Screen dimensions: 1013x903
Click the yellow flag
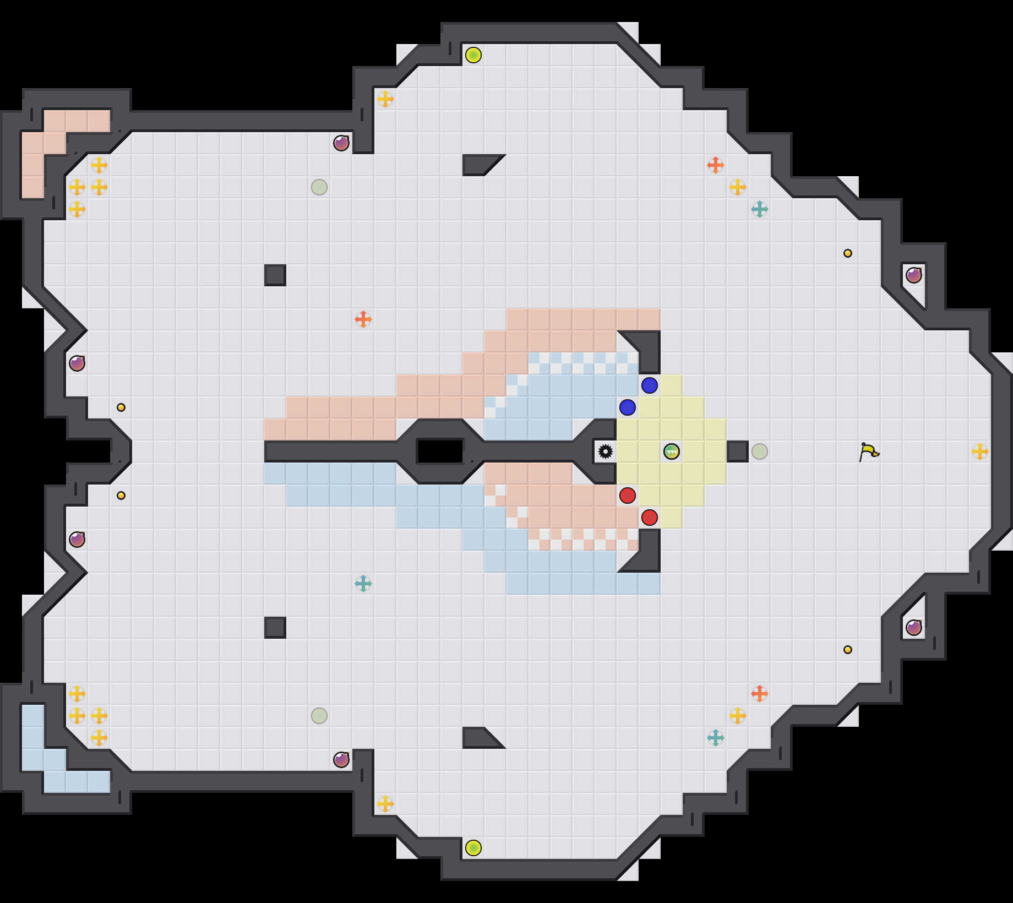pos(869,452)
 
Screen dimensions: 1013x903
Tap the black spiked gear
pos(606,452)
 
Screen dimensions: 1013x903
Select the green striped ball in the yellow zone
pos(672,452)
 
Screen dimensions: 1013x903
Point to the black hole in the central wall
pos(440,452)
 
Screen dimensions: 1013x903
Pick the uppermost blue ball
pos(650,385)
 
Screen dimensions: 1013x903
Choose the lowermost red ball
pos(650,518)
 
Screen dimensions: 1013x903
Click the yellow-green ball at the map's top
pos(473,55)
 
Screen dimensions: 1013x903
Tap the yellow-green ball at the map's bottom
pos(473,848)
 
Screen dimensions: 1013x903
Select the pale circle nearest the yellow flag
pos(760,452)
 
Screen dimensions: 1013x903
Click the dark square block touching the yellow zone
pos(738,452)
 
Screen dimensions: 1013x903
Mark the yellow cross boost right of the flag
pos(980,452)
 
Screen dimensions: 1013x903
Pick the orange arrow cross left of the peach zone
pos(363,319)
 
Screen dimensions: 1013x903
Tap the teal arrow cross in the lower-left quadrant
pos(363,584)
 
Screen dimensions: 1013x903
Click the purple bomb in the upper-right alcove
pos(914,275)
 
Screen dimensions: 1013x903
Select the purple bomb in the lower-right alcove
pos(914,628)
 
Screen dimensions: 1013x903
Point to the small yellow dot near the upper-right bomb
pos(848,253)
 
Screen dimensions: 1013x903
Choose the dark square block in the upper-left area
pos(275,275)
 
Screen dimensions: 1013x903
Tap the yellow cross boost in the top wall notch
pos(385,99)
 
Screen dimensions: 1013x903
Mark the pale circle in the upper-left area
pos(319,187)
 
